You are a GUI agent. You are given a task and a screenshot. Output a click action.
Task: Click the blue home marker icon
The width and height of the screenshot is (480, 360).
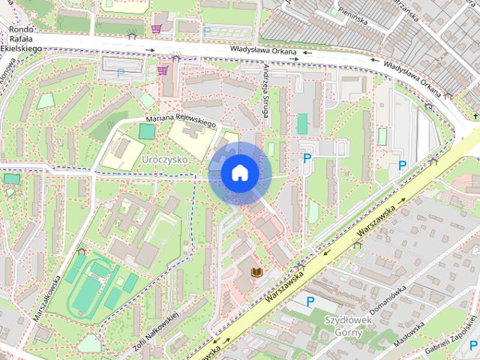[239, 173]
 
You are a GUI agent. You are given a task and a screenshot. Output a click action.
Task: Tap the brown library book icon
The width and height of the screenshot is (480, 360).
[257, 272]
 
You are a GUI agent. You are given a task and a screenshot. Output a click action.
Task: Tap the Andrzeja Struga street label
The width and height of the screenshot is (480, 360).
[266, 83]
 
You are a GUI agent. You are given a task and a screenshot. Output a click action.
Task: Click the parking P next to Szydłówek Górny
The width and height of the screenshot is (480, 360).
[309, 301]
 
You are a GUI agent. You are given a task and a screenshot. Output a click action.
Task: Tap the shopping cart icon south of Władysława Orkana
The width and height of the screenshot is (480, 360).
[162, 71]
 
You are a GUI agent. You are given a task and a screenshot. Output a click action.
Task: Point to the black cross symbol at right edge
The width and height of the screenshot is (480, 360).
[475, 116]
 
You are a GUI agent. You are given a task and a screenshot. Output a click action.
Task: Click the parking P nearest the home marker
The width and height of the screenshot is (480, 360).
[306, 158]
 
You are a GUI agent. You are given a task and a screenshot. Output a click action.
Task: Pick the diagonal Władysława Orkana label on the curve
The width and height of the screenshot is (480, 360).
[411, 77]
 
